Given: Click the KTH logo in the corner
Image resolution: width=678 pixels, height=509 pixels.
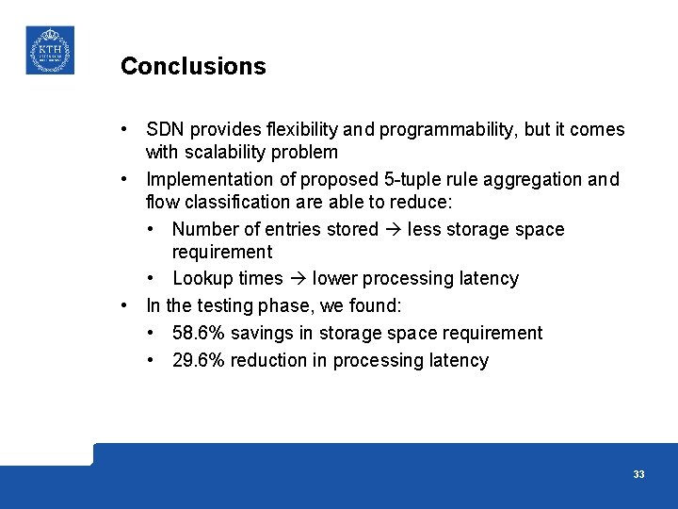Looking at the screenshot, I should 49,50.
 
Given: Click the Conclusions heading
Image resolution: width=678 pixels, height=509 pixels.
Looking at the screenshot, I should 193,67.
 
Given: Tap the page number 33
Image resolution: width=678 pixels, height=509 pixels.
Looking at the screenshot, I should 638,474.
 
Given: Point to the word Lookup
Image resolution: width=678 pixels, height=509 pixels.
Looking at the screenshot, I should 201,278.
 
